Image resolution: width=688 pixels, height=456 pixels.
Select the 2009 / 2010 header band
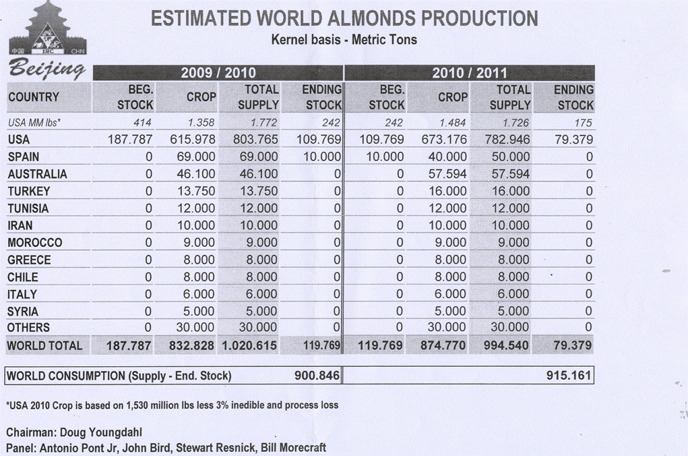218,73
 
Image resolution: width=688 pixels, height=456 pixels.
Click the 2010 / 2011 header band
470,73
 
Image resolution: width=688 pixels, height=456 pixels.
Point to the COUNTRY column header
34,97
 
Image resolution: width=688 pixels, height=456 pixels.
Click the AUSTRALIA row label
38,174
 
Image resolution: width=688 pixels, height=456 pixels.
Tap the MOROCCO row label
35,243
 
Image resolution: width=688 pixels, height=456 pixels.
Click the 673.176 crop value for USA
443,140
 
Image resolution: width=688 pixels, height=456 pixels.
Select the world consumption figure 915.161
569,375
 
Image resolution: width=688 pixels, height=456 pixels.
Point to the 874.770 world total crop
443,345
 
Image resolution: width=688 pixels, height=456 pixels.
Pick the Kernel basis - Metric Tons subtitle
344,40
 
